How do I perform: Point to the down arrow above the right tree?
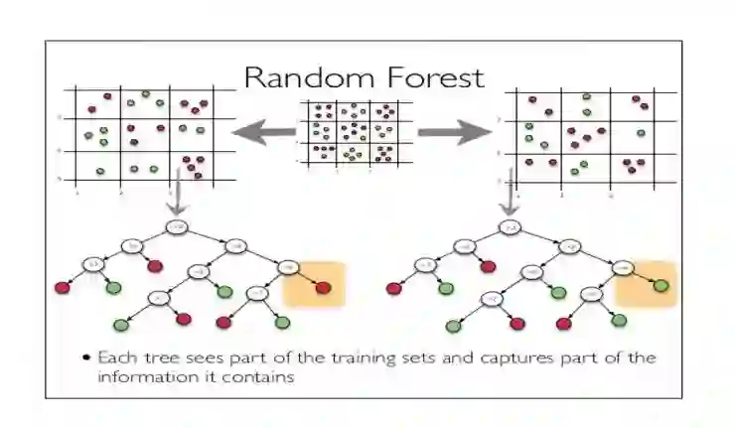[511, 198]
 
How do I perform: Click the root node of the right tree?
[513, 227]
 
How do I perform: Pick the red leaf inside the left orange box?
[324, 289]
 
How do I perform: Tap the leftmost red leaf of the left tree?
[62, 289]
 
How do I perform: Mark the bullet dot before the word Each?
[87, 357]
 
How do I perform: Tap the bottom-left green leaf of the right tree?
[454, 324]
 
